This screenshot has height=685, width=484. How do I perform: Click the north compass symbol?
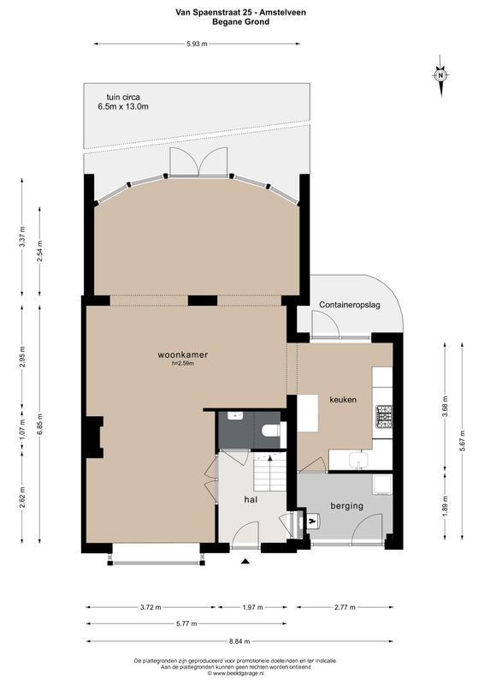click(440, 74)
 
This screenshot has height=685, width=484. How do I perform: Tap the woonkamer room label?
click(184, 354)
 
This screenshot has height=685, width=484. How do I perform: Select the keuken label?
click(343, 400)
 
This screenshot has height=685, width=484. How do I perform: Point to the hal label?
click(251, 497)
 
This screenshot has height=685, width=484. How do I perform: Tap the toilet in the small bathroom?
click(271, 429)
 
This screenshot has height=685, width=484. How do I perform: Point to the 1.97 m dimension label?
click(254, 607)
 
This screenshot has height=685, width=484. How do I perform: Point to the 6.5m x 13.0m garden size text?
click(124, 107)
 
